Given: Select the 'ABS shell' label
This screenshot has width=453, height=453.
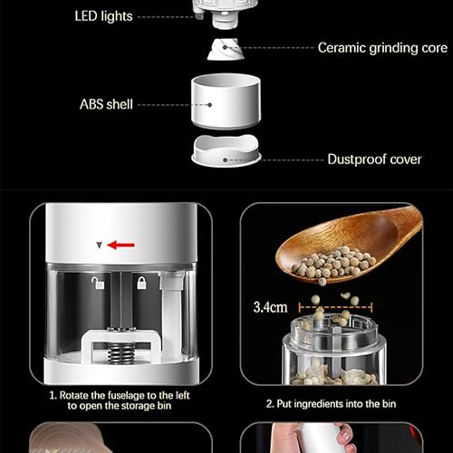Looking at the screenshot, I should [105, 104].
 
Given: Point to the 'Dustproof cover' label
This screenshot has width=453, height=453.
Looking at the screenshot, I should [374, 159].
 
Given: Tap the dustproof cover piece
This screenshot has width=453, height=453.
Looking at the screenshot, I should [226, 151].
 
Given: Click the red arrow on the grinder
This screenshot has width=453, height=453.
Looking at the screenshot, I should [120, 244].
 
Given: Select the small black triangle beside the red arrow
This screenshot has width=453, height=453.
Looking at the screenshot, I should [99, 244].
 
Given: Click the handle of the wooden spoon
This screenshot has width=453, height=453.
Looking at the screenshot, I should [400, 226].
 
